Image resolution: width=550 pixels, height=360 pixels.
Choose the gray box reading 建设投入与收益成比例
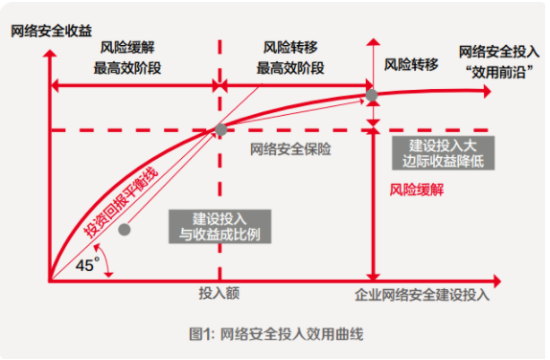tap(213, 226)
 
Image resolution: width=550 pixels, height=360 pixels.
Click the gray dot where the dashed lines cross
tap(221, 129)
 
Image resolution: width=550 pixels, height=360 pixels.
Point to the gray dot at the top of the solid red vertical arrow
tap(372, 94)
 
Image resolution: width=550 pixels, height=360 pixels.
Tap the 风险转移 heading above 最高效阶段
tap(290, 46)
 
